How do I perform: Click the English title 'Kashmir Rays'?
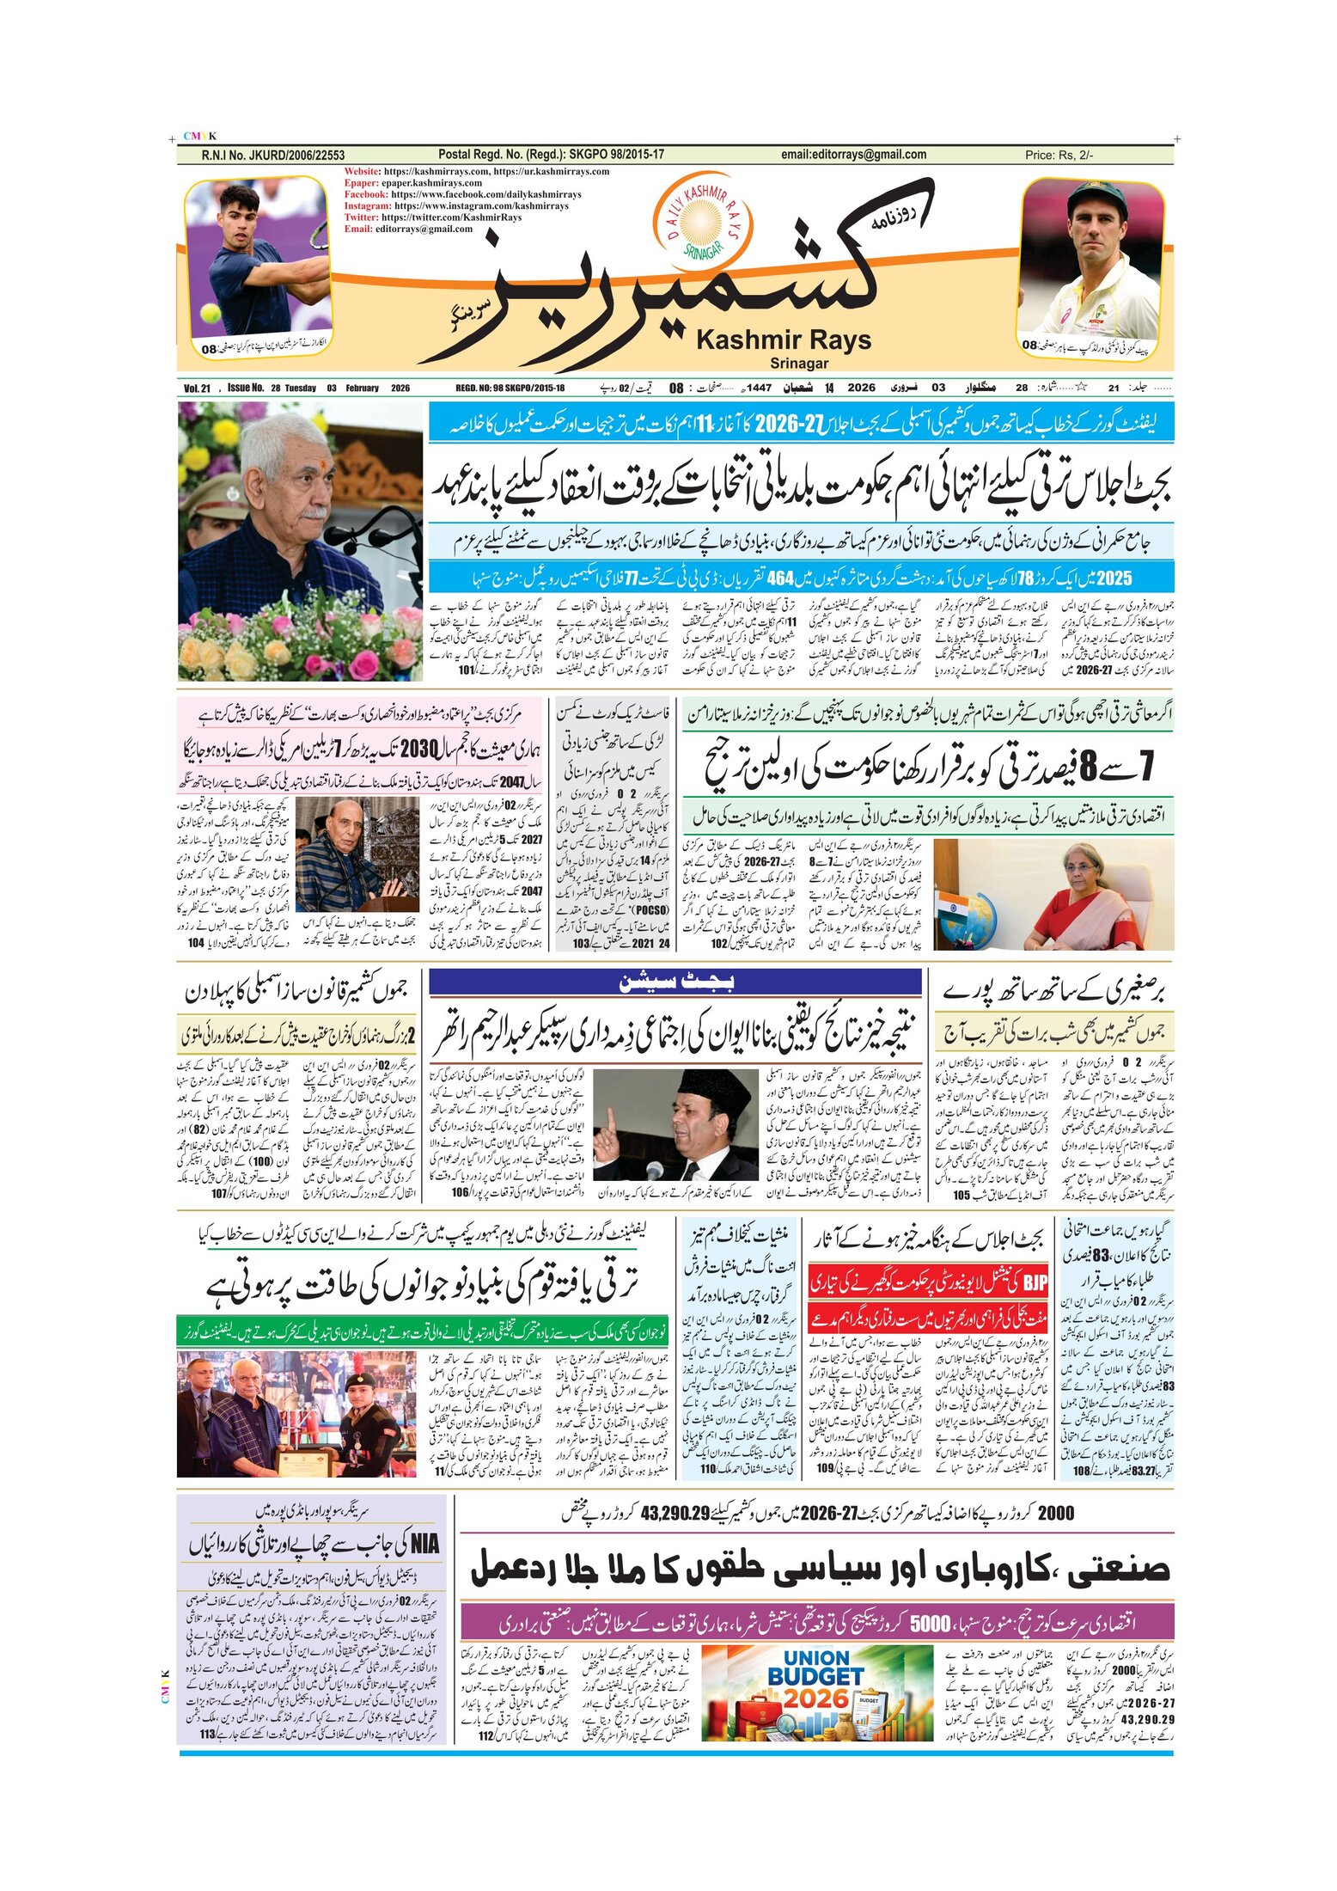[x=783, y=340]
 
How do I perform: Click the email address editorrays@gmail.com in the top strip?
[x=853, y=155]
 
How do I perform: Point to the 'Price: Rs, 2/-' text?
[x=1059, y=156]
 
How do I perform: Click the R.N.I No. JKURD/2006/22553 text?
[x=272, y=156]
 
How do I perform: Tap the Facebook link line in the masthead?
[x=462, y=194]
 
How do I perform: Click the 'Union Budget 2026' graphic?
[x=817, y=1694]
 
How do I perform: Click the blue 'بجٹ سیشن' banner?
[x=675, y=982]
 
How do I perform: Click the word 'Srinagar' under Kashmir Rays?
[x=799, y=364]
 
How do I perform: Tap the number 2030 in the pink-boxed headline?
[x=419, y=749]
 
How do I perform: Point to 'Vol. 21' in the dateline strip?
[x=197, y=389]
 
